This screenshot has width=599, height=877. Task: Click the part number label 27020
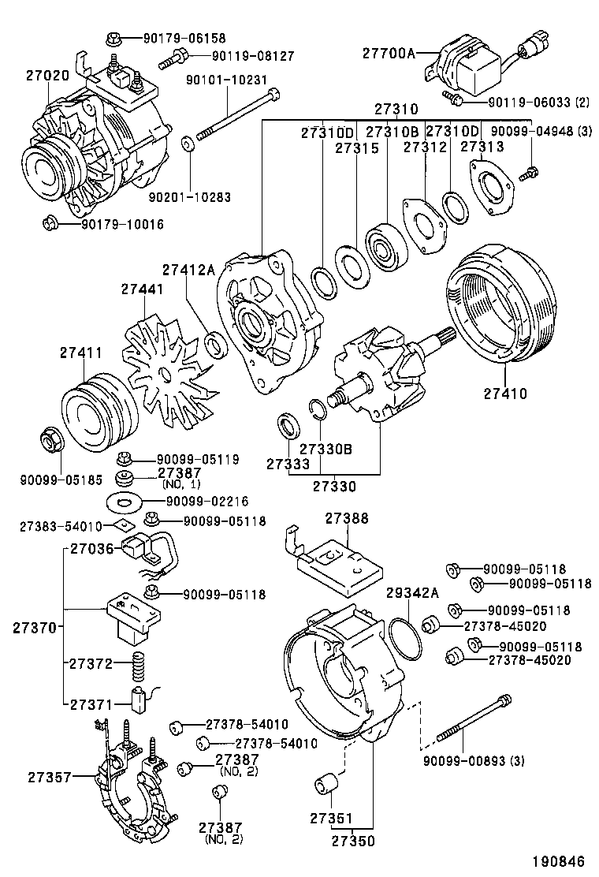tap(47, 77)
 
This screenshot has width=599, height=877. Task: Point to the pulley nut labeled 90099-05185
tap(51, 441)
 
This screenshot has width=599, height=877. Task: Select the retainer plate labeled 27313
tap(493, 186)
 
